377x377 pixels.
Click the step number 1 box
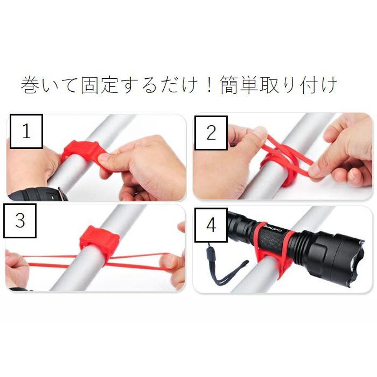click(26, 131)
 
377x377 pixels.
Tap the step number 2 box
click(211, 133)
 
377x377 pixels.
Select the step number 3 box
click(20, 221)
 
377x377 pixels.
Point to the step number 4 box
click(211, 225)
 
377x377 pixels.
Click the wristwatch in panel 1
click(39, 194)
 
